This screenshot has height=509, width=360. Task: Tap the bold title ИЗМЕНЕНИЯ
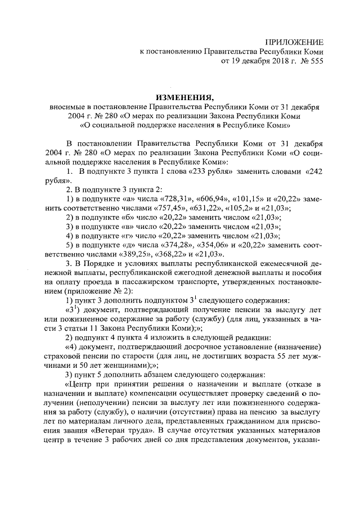[x=181, y=96]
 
